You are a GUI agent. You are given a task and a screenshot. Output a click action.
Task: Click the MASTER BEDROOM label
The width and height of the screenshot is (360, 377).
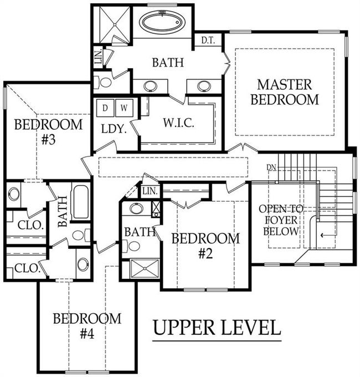click(285, 92)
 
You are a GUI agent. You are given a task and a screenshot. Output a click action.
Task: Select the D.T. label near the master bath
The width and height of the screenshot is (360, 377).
click(208, 41)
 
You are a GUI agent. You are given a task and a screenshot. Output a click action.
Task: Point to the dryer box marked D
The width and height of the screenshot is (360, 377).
click(105, 108)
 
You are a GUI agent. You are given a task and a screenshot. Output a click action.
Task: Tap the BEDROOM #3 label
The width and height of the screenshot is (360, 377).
click(48, 131)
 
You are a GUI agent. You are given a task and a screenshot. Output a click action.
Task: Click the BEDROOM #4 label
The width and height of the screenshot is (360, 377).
click(87, 326)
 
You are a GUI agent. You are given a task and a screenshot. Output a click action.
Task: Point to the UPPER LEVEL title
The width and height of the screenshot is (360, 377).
click(217, 328)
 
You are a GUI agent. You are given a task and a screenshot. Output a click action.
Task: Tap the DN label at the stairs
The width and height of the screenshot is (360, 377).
click(271, 166)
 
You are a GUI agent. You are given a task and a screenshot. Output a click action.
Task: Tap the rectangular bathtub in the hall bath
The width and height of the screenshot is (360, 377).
click(81, 202)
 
